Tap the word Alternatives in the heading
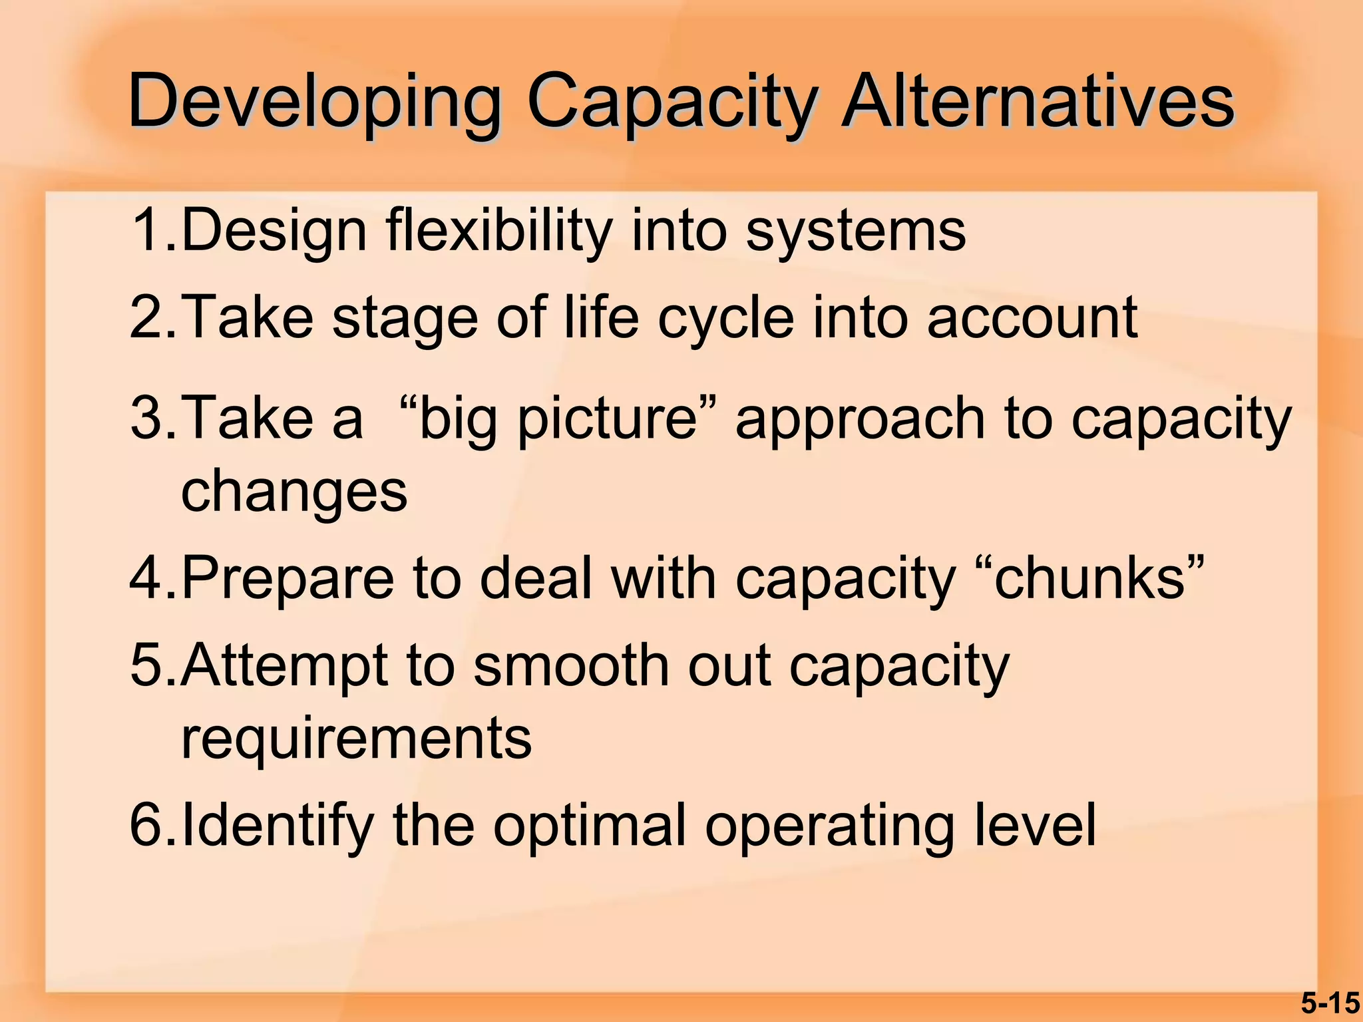[1037, 101]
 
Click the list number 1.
[150, 230]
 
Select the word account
[1032, 318]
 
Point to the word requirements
[357, 738]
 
